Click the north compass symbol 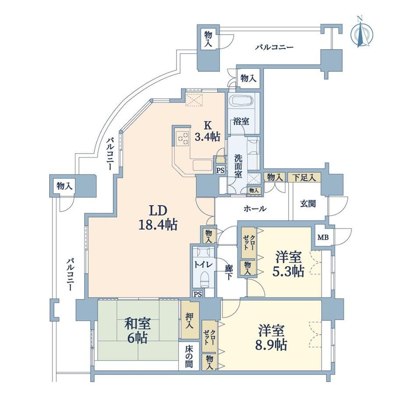[x=362, y=32]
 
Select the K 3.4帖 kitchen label [x=207, y=131]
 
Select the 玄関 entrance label [x=308, y=204]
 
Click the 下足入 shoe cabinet [x=304, y=177]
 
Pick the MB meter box [x=323, y=237]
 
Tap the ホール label [x=255, y=209]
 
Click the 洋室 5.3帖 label [x=288, y=264]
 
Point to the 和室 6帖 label [x=138, y=331]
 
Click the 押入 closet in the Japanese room [x=190, y=320]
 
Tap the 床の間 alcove [x=189, y=356]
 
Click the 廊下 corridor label [x=229, y=272]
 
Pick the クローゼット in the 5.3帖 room [x=248, y=243]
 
